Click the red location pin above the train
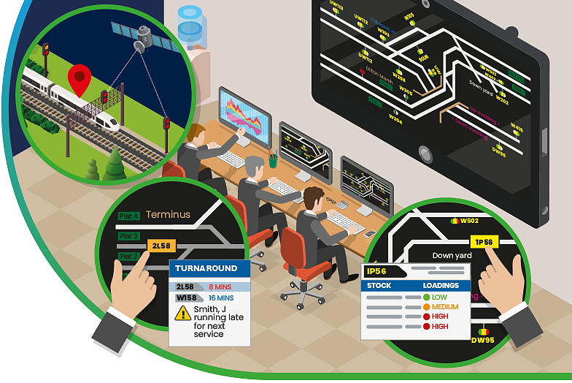pos(80,77)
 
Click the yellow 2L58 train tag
pos(162,246)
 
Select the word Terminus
pos(168,215)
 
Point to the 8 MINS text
pos(220,287)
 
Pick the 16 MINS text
pos(221,298)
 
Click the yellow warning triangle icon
pos(183,314)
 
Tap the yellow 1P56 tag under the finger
pos(484,242)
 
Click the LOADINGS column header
pos(441,286)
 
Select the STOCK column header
pos(379,286)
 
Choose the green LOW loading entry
pos(438,297)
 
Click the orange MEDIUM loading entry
pos(444,307)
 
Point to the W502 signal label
pos(469,220)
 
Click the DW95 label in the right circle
pos(482,341)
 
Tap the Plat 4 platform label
pos(129,216)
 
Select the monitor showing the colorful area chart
pos(244,117)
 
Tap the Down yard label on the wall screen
pos(481,92)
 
